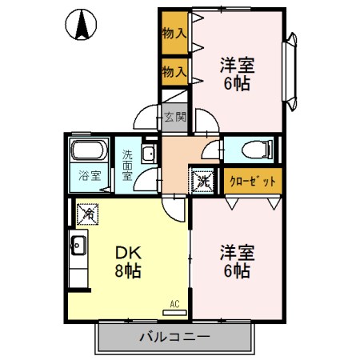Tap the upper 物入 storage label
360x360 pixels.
[x=174, y=34]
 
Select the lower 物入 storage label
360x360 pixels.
[x=174, y=70]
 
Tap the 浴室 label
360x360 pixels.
[x=89, y=175]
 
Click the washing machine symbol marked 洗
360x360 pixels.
[x=203, y=181]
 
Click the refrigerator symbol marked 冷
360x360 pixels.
[x=88, y=214]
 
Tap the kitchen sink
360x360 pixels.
[x=79, y=244]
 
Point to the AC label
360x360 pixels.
[x=174, y=304]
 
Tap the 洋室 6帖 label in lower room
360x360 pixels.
[x=237, y=262]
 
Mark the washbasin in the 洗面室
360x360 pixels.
[x=148, y=154]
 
